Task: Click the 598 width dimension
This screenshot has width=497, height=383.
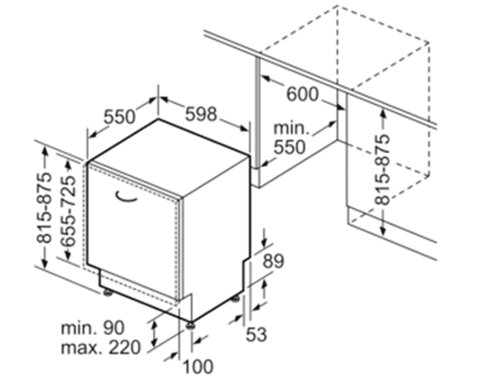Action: [x=201, y=115]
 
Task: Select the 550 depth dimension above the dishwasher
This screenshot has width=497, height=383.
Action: [x=119, y=117]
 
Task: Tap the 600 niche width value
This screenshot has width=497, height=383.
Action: [x=302, y=94]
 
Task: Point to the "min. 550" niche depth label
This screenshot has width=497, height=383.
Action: [x=290, y=138]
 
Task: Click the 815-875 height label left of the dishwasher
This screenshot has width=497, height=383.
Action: [x=44, y=208]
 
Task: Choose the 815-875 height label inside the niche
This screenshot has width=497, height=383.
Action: [x=382, y=169]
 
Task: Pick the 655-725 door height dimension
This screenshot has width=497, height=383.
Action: [x=68, y=211]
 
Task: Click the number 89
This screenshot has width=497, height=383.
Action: [x=273, y=261]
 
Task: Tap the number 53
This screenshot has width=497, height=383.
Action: [x=256, y=334]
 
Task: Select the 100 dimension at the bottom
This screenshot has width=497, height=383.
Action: [x=199, y=367]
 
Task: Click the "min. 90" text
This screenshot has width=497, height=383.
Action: [x=92, y=328]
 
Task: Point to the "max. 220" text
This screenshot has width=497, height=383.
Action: [x=100, y=347]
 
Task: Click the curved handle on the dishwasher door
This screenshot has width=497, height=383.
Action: [x=125, y=196]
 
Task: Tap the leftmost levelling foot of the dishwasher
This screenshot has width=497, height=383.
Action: [x=108, y=293]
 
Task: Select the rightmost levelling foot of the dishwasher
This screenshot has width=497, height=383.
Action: [x=236, y=299]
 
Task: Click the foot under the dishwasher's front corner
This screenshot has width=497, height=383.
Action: [x=190, y=325]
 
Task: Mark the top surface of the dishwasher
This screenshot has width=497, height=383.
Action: [x=168, y=158]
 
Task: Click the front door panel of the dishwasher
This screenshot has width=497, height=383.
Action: [x=133, y=229]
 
